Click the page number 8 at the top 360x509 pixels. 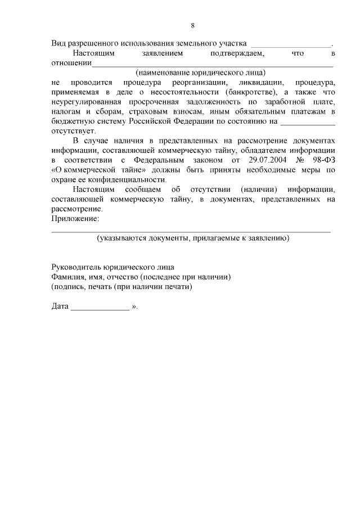pyautogui.click(x=193, y=25)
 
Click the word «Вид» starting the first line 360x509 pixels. pyautogui.click(x=58, y=43)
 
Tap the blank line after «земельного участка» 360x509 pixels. pyautogui.click(x=290, y=44)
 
